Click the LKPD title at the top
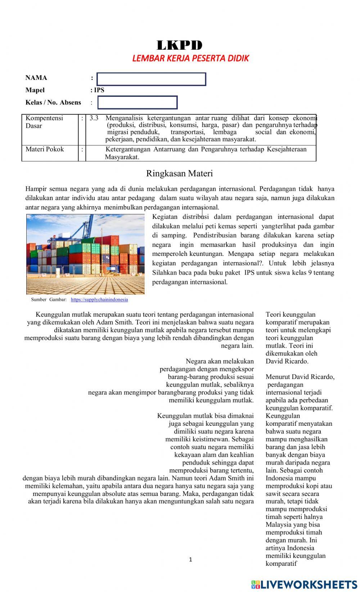(180, 45)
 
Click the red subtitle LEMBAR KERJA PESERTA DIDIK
(190, 58)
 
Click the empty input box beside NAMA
(151, 79)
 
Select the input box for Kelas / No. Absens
(138, 103)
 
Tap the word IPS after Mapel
(99, 90)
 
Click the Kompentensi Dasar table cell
(44, 122)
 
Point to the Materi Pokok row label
(45, 149)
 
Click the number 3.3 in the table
(94, 118)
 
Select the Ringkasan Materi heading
(179, 173)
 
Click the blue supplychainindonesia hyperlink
(99, 299)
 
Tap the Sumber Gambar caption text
(49, 299)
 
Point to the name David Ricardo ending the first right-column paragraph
(287, 361)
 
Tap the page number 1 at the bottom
(190, 560)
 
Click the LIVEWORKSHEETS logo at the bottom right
(304, 584)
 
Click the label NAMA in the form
(36, 78)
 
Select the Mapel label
(35, 90)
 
